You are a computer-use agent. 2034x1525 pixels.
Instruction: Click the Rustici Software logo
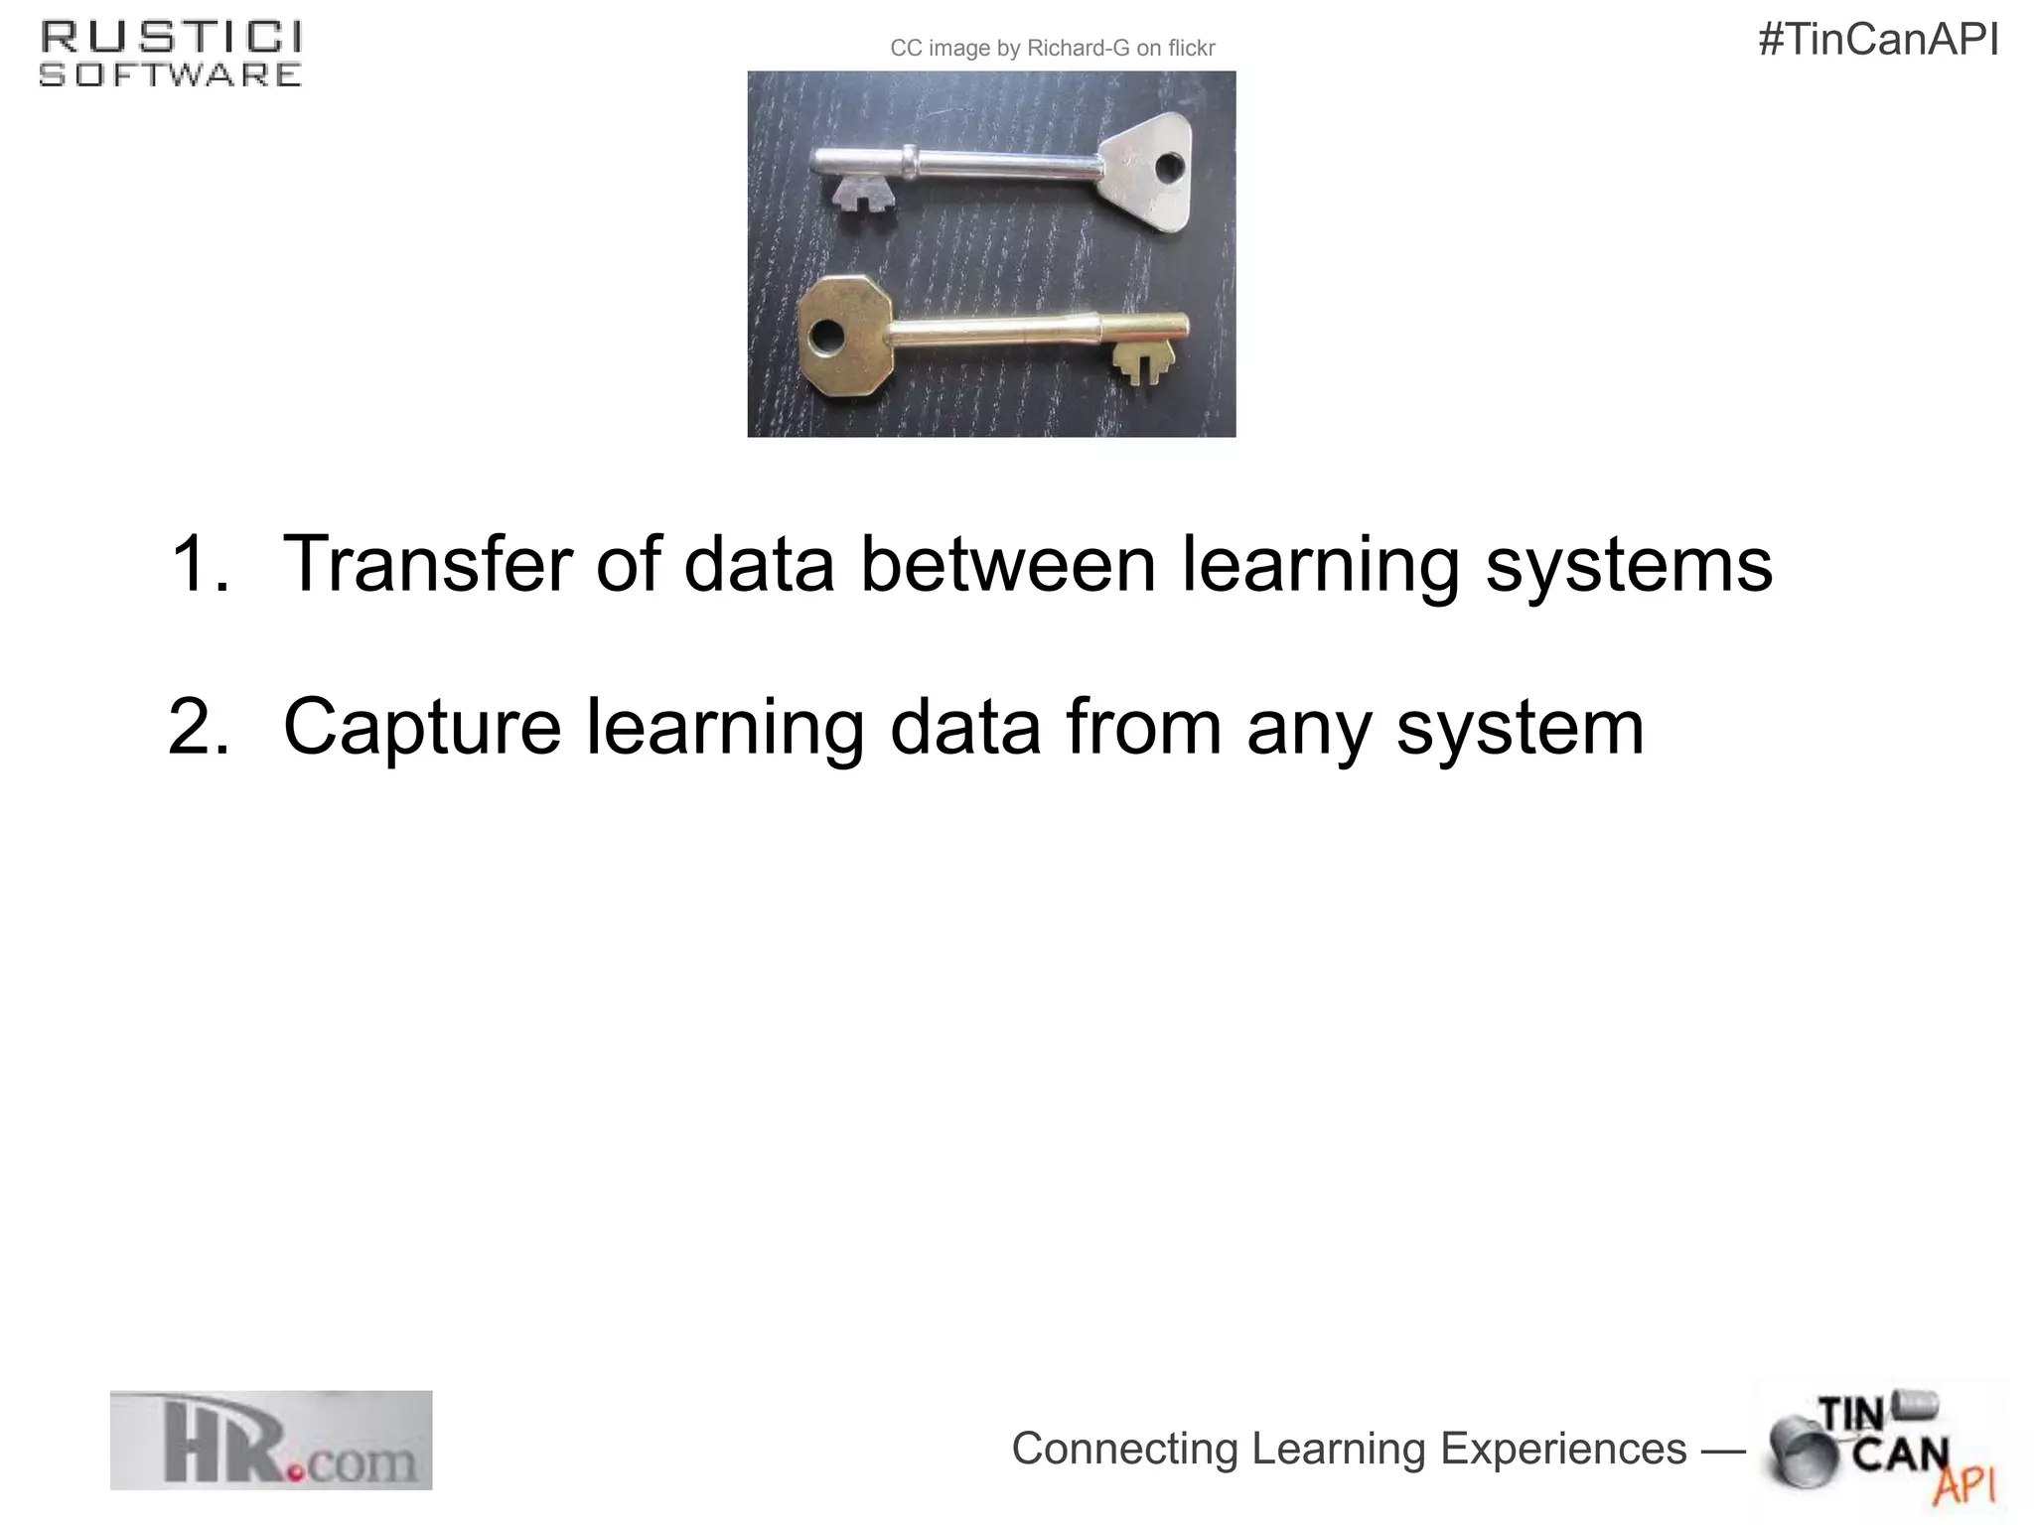pos(170,55)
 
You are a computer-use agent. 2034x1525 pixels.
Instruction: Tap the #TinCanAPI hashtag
pos(1878,41)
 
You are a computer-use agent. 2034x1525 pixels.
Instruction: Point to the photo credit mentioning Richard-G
pos(1052,49)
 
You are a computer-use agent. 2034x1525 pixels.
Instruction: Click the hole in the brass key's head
pos(823,338)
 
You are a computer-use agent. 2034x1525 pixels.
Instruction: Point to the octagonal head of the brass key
pos(843,337)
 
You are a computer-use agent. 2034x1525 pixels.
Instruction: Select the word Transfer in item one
pos(427,564)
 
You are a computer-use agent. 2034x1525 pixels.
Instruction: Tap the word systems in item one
pos(1628,566)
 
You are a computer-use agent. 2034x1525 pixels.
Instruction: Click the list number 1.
pos(202,564)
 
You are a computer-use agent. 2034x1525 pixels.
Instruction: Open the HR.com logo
pos(271,1440)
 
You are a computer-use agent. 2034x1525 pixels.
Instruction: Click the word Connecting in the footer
pos(1125,1449)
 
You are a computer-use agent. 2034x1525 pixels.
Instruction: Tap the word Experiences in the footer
pos(1563,1449)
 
